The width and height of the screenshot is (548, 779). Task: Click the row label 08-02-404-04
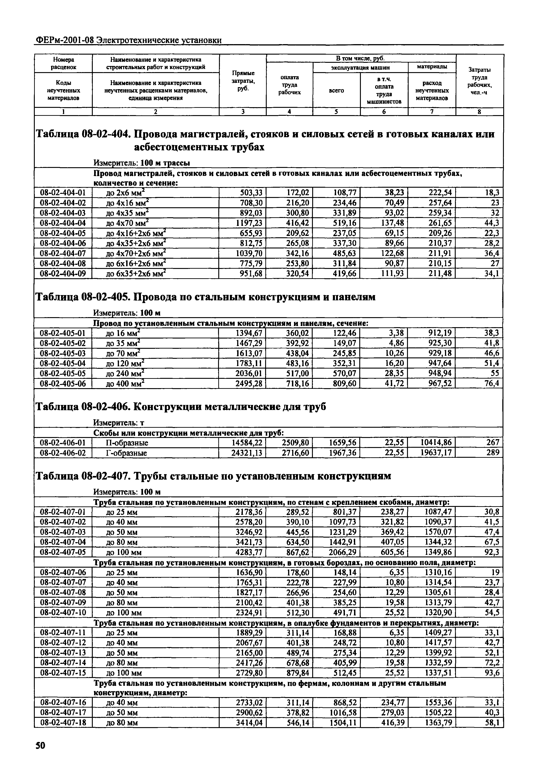point(63,223)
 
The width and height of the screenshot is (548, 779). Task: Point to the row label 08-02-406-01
point(63,443)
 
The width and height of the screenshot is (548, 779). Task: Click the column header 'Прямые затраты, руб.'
point(243,81)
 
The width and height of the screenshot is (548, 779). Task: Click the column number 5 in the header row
point(336,112)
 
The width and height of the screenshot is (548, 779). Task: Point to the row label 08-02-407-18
point(63,723)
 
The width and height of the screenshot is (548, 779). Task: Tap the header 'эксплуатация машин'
point(360,68)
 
